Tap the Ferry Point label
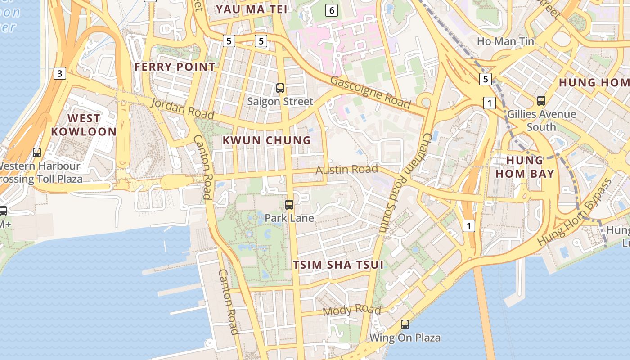175,67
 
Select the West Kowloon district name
84,125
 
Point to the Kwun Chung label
267,140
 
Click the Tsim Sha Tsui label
338,265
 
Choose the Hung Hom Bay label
525,167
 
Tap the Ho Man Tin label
505,41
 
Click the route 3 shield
60,73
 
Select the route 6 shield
332,10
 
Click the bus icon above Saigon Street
280,88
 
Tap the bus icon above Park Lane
289,205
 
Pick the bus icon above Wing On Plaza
405,324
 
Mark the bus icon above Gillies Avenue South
541,101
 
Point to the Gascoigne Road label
370,92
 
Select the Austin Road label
346,170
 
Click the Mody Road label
352,310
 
